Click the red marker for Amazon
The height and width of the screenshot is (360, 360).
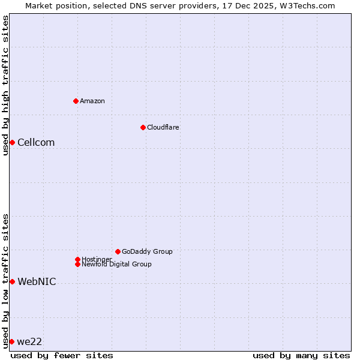(76, 101)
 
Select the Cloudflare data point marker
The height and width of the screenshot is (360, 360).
(143, 127)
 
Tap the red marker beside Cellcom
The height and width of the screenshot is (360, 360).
(12, 142)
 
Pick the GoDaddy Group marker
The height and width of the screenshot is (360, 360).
(118, 251)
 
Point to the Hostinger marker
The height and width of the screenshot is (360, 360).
(77, 259)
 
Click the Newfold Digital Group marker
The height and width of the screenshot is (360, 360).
(77, 264)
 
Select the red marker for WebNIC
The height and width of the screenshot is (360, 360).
(12, 281)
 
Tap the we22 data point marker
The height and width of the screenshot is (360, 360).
(11, 341)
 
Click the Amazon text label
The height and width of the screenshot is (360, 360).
(92, 101)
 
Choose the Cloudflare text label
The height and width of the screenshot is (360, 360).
(163, 127)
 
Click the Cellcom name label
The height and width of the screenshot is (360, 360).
(36, 142)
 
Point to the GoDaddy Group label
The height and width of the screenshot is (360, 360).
(147, 251)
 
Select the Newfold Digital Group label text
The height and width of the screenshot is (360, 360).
(117, 264)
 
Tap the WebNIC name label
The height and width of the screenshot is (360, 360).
(37, 281)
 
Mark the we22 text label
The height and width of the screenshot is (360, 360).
(29, 341)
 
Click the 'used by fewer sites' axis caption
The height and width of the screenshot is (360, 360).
(62, 355)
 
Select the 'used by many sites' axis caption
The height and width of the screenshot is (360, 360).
(301, 355)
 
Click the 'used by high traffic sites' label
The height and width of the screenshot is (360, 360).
(5, 85)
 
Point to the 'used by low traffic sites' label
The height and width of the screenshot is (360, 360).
(5, 280)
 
